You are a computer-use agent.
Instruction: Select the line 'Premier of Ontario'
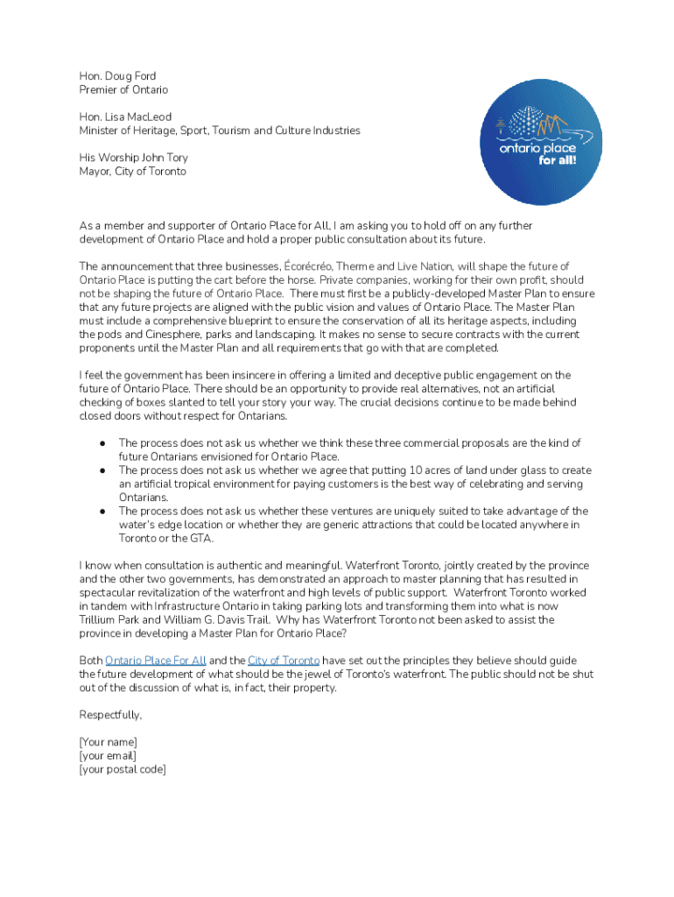click(x=123, y=90)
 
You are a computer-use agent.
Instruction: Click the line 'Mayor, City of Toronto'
click(x=132, y=172)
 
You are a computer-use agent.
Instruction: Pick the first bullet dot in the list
click(x=103, y=443)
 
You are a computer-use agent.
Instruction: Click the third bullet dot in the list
click(x=103, y=512)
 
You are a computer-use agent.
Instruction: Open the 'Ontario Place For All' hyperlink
click(x=156, y=660)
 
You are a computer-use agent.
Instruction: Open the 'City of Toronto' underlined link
click(x=283, y=660)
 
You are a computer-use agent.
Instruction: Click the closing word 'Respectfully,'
click(x=110, y=716)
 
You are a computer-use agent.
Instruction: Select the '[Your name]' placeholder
click(x=108, y=743)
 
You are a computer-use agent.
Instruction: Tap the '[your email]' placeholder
click(x=108, y=756)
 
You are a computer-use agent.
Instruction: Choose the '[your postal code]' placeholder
click(x=122, y=770)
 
